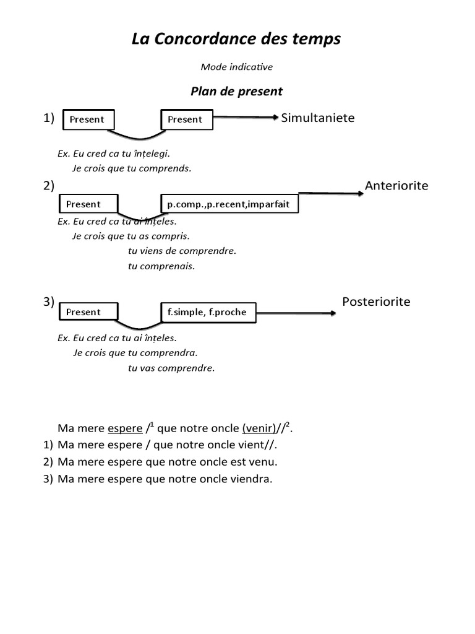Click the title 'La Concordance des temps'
236,40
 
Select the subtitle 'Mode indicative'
237,66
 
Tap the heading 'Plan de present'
236,92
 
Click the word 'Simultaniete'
318,118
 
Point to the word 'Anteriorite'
396,186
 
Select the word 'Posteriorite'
376,302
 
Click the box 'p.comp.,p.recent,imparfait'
229,204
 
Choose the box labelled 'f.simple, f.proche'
207,312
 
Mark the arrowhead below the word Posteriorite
333,313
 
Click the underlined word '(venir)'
259,428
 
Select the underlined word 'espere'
125,428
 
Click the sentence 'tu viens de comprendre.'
182,251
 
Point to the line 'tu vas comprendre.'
171,368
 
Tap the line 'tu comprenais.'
161,266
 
